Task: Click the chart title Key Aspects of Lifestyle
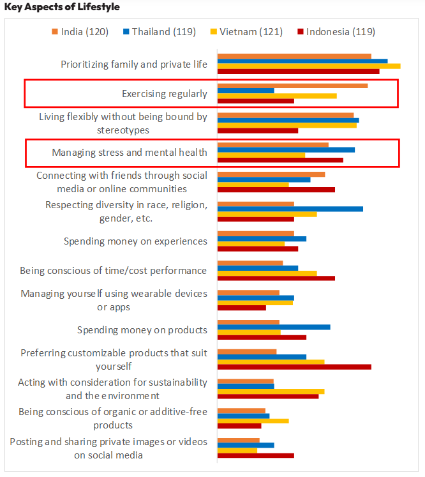tap(62, 7)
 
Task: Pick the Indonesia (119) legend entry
tap(336, 32)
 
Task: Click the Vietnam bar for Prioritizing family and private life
tap(309, 66)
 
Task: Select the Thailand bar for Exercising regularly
tap(246, 90)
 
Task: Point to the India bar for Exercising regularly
tap(292, 85)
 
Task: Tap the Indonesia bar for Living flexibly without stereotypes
tap(258, 131)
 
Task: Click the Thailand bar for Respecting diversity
tap(290, 209)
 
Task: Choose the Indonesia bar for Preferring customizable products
tap(294, 367)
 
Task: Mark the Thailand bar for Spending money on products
tap(274, 327)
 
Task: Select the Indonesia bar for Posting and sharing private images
tap(256, 455)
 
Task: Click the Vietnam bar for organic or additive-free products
tap(253, 421)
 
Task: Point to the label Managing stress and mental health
tap(130, 153)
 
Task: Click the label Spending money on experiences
tap(135, 241)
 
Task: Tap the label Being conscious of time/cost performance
tap(114, 271)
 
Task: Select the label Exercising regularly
tap(165, 94)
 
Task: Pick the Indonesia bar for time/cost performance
tap(276, 278)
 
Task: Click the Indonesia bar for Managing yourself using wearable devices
tap(242, 308)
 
